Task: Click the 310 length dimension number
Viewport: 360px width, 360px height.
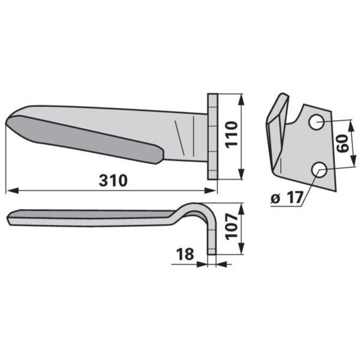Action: point(113,180)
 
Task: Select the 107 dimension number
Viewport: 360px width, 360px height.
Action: point(231,227)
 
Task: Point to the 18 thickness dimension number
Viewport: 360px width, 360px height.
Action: point(185,254)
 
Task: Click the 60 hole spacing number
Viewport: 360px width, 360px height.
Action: point(343,144)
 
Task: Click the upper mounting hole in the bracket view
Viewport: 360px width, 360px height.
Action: point(316,122)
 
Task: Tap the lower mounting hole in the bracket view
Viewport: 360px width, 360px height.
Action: point(319,170)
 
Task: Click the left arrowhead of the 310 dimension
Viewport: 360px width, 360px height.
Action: point(12,191)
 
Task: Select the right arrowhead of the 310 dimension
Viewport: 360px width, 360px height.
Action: point(211,191)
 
